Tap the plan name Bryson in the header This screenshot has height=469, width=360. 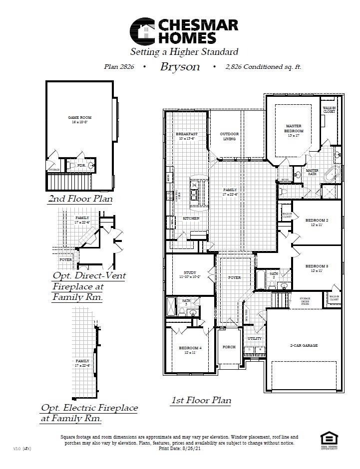click(x=180, y=67)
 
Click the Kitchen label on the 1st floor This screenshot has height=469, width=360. click(x=191, y=219)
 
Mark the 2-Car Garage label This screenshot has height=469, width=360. click(x=304, y=345)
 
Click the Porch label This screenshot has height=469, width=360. click(x=229, y=347)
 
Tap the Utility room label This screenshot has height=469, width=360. click(x=255, y=339)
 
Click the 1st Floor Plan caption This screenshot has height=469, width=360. click(x=201, y=400)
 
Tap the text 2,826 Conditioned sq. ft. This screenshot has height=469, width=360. click(x=263, y=67)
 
